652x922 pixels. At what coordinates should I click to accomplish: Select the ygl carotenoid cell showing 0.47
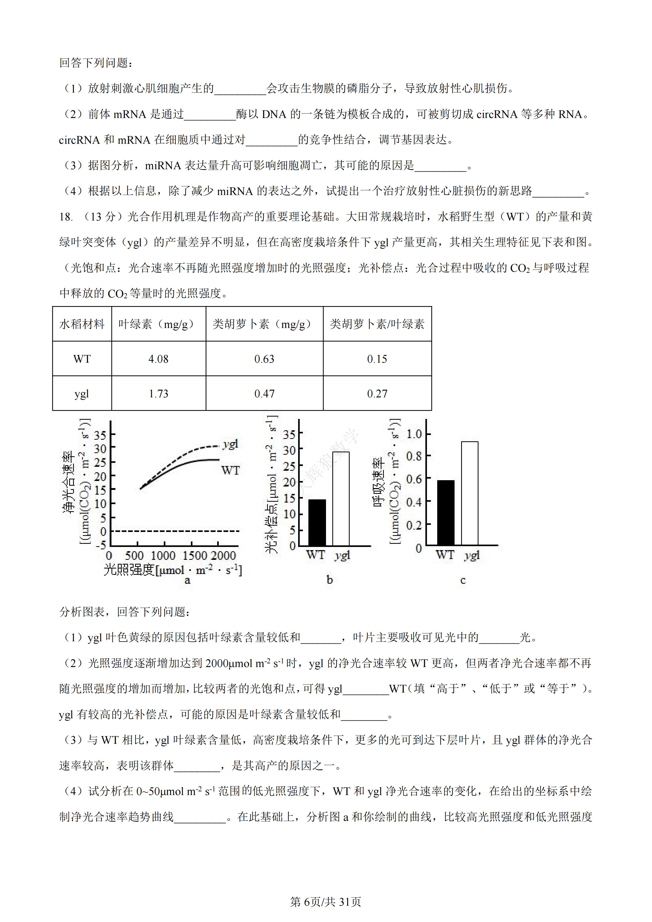pyautogui.click(x=264, y=393)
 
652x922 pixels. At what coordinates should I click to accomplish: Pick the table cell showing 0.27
pyautogui.click(x=377, y=393)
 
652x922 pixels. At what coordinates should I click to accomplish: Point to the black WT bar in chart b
pyautogui.click(x=317, y=522)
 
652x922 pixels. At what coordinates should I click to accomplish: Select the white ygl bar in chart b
pyautogui.click(x=341, y=498)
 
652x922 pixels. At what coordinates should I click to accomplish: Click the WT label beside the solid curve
pyautogui.click(x=230, y=470)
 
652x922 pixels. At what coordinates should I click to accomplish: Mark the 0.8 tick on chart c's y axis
pyautogui.click(x=414, y=456)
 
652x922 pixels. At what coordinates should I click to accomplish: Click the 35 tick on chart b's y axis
pyautogui.click(x=289, y=434)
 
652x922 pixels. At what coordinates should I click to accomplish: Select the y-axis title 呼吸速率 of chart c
pyautogui.click(x=379, y=482)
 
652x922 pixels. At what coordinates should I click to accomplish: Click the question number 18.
pyautogui.click(x=66, y=217)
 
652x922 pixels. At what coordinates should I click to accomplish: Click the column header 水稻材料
pyautogui.click(x=82, y=324)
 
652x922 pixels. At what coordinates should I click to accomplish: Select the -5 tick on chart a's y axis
pyautogui.click(x=100, y=545)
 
